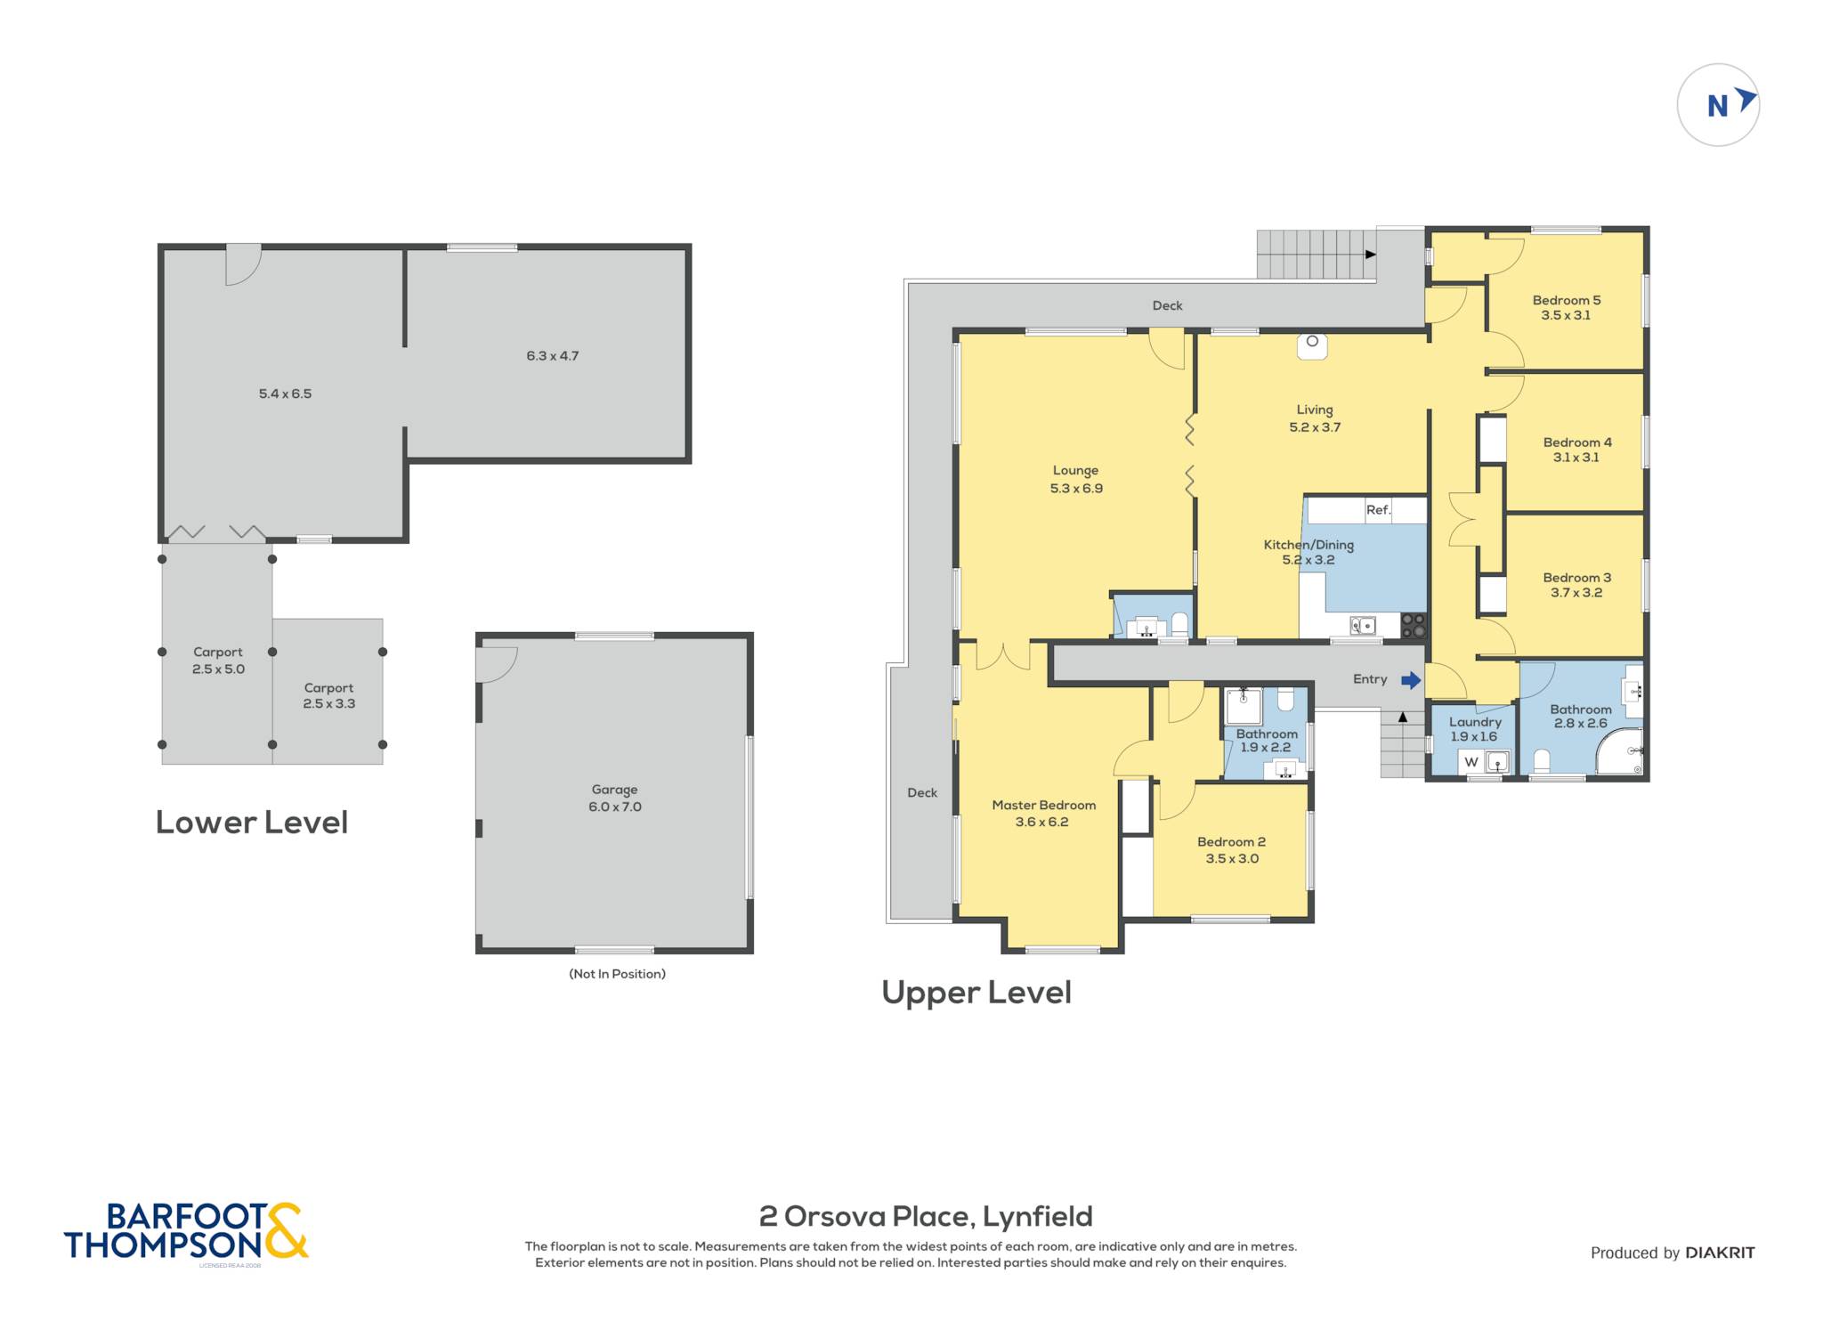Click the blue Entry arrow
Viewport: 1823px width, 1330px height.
click(1411, 680)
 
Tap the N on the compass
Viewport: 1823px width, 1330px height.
click(1717, 106)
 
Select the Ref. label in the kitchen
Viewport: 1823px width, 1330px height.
click(1378, 510)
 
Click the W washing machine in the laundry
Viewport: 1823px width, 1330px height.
click(1471, 762)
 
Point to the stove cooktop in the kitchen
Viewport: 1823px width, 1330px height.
click(1414, 625)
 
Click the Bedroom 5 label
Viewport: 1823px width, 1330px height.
click(1567, 300)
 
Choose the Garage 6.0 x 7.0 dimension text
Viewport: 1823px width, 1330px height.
click(614, 807)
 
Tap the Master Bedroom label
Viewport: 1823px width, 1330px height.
click(1043, 805)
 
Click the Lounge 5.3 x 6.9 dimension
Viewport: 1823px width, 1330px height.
click(1076, 488)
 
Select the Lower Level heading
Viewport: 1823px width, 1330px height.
click(252, 822)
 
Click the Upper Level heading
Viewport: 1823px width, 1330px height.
click(976, 993)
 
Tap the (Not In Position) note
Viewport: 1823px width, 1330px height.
click(617, 974)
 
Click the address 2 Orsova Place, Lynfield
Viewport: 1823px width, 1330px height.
click(926, 1216)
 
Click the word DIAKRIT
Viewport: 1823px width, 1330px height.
click(1720, 1253)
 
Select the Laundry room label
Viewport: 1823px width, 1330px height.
click(1475, 722)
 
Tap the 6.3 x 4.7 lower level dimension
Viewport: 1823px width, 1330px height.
click(552, 356)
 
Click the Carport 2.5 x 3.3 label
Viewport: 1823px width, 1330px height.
click(328, 695)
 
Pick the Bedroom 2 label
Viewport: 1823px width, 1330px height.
click(1231, 841)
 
